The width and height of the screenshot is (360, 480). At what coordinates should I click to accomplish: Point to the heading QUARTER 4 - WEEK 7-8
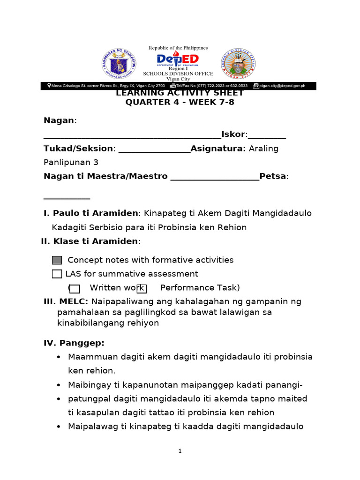click(180, 103)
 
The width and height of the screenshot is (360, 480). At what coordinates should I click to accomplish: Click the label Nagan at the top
click(59, 120)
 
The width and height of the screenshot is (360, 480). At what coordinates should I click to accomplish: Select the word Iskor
click(233, 135)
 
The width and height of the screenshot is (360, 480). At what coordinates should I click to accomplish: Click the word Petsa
click(273, 176)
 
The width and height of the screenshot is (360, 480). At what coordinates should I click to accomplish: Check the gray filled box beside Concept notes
click(57, 260)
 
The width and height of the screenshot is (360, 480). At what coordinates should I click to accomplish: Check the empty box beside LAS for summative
click(57, 274)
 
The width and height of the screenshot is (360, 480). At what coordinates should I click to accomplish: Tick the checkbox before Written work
click(75, 288)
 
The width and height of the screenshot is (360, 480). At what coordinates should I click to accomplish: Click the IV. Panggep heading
click(74, 343)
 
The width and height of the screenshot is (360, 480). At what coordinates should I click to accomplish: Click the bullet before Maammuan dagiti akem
click(59, 357)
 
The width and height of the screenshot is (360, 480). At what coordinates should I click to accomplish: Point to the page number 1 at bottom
click(180, 451)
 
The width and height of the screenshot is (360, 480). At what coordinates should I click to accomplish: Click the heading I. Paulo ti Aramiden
click(91, 213)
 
